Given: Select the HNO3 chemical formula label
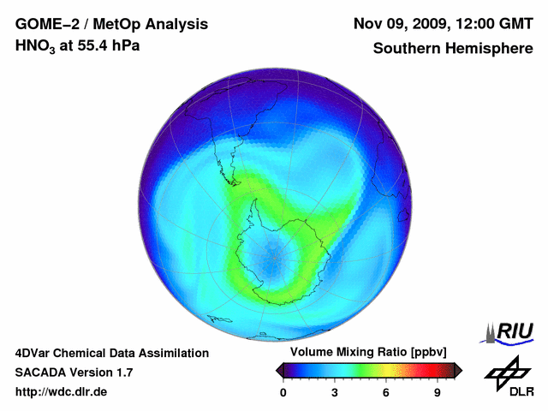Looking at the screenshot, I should pos(37,46).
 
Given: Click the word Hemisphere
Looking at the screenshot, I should pos(491,48).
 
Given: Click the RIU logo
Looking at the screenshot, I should pos(510,331).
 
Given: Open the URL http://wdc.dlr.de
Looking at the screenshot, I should pos(63,392).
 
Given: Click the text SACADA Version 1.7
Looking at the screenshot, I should pos(74,372).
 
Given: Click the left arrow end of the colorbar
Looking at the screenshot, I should pos(279,370).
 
